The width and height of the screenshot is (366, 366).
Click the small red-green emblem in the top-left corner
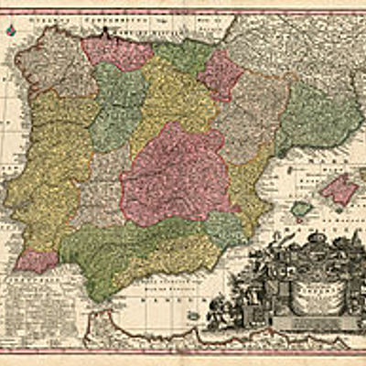10,30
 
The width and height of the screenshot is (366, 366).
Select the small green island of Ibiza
301,209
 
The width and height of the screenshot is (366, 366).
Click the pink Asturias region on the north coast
114,52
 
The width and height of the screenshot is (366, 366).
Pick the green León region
117,105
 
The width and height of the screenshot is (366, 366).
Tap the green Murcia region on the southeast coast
224,229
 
